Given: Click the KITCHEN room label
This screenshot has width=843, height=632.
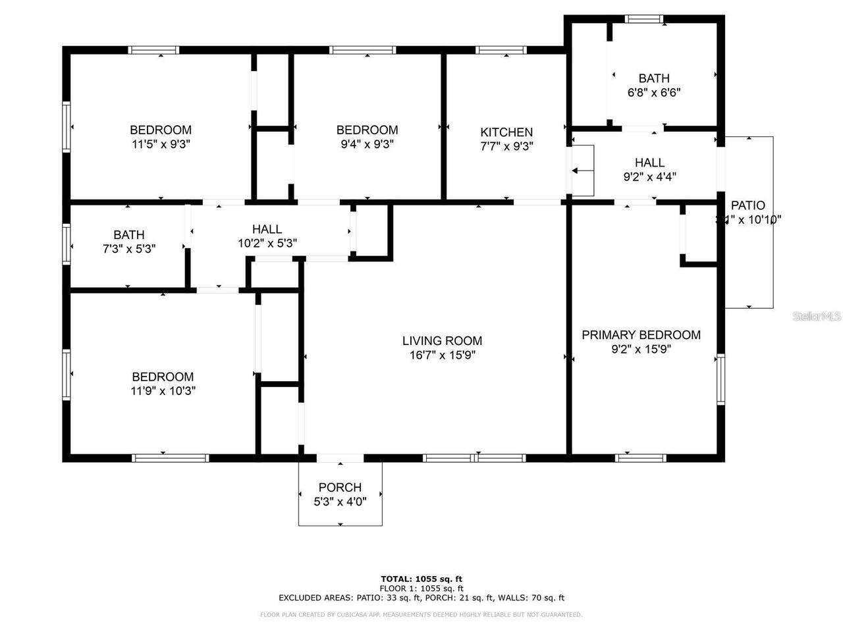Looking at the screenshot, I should pyautogui.click(x=506, y=132).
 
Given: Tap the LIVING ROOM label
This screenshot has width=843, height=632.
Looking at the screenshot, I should pyautogui.click(x=442, y=341).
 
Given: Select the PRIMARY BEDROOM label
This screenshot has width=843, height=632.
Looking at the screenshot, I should pyautogui.click(x=641, y=335).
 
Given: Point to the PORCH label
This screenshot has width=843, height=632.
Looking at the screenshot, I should pyautogui.click(x=340, y=488).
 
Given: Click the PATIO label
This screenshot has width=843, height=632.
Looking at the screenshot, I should pyautogui.click(x=748, y=205).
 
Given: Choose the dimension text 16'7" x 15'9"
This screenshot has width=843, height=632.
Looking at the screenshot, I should pyautogui.click(x=442, y=355).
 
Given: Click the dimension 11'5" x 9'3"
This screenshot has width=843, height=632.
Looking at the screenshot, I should pyautogui.click(x=161, y=144).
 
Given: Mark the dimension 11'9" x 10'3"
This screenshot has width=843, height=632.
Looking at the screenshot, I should pyautogui.click(x=163, y=391).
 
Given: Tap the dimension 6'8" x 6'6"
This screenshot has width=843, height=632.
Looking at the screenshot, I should pyautogui.click(x=653, y=93).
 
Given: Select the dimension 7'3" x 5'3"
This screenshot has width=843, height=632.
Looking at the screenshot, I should pyautogui.click(x=129, y=249).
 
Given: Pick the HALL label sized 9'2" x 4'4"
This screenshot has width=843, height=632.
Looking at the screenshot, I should pyautogui.click(x=649, y=163).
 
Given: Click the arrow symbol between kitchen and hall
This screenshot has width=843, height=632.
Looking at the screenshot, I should pyautogui.click(x=578, y=171).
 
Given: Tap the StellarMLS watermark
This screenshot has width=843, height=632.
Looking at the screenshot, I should pyautogui.click(x=817, y=317).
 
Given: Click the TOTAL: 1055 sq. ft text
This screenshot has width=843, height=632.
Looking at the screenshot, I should pyautogui.click(x=421, y=579).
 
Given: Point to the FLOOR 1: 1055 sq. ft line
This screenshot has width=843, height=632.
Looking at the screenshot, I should pyautogui.click(x=421, y=589).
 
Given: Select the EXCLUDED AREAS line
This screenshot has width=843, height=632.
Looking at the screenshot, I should pyautogui.click(x=421, y=598).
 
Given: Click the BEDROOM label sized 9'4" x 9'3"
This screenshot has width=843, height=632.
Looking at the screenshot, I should pyautogui.click(x=367, y=130).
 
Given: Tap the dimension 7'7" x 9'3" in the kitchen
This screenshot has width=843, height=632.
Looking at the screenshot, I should pyautogui.click(x=506, y=146).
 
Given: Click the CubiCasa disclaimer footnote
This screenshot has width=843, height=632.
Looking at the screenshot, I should pyautogui.click(x=421, y=615).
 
